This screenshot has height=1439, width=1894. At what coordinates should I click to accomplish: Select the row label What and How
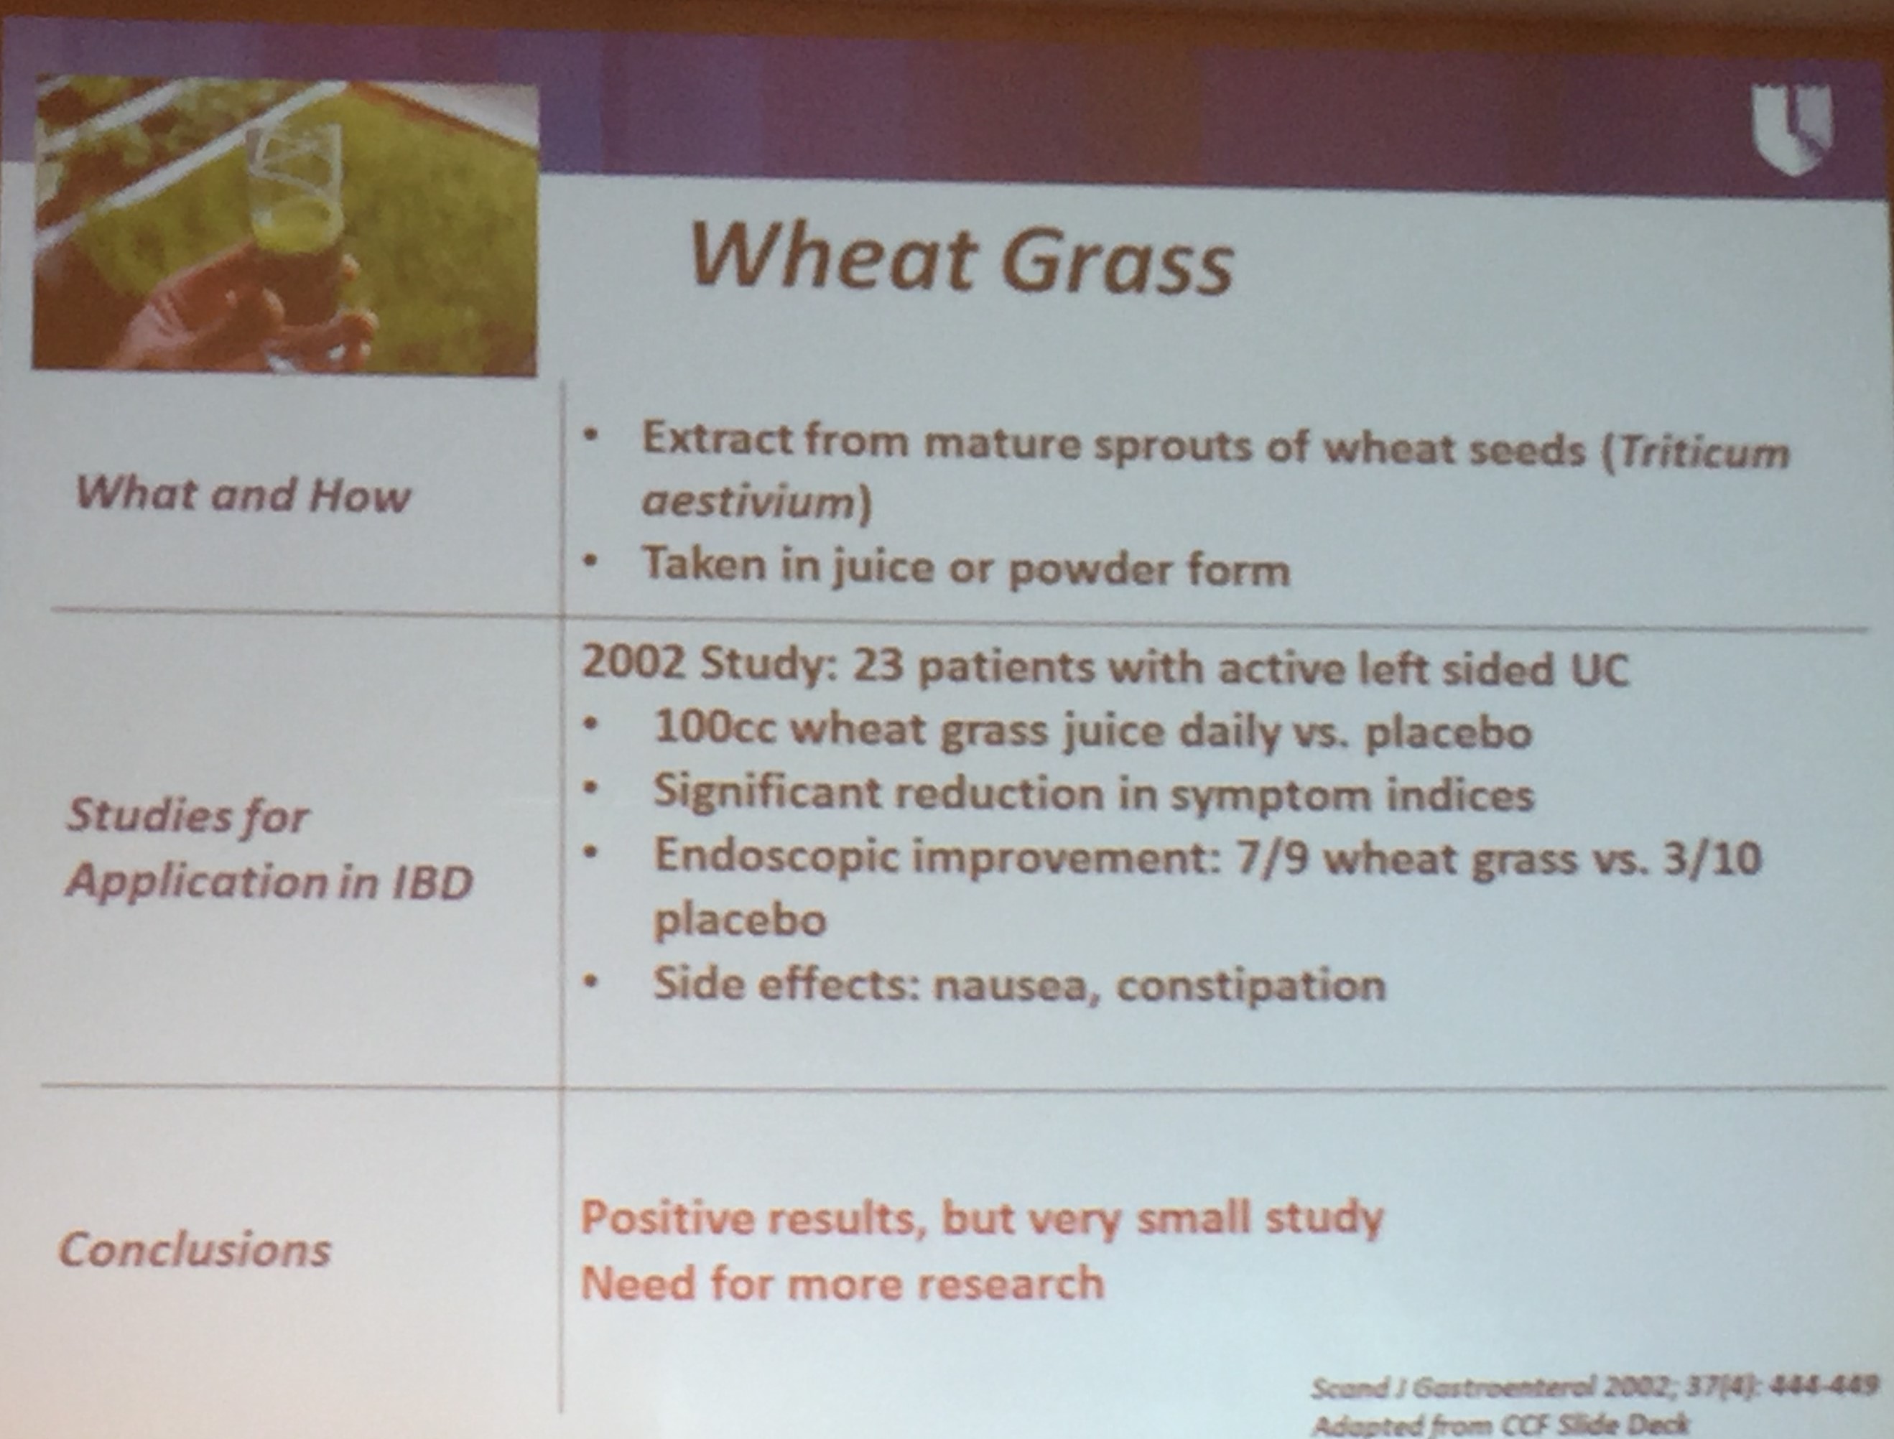point(243,494)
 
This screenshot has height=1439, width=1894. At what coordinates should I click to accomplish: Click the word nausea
point(1011,986)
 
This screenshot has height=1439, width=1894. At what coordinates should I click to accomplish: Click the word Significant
point(766,793)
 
